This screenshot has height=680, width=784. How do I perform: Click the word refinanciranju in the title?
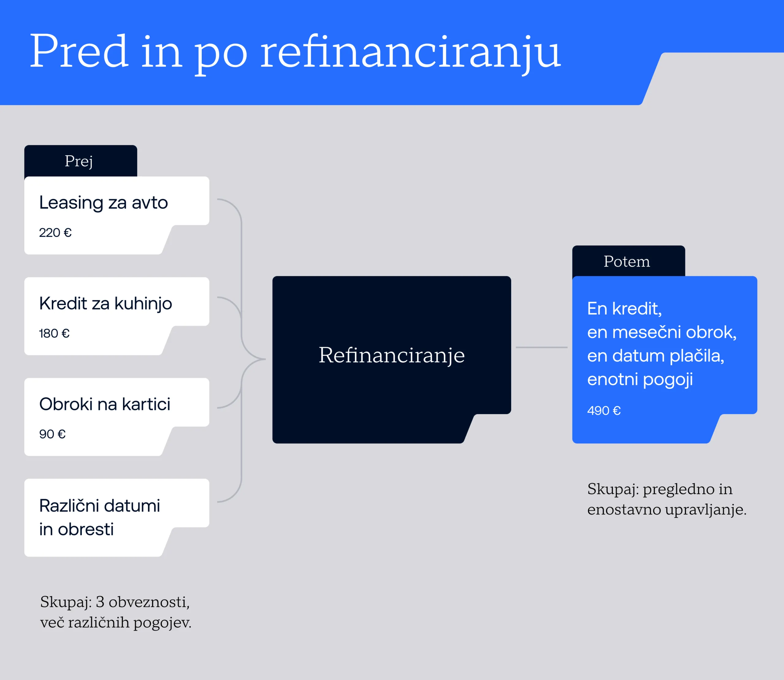[410, 51]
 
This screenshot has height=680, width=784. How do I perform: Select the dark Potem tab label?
[627, 262]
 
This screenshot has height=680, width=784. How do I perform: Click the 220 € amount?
[55, 232]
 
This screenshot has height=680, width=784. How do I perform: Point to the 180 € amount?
[54, 333]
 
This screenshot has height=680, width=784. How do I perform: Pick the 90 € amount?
[52, 434]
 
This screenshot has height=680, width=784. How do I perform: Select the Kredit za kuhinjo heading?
[105, 304]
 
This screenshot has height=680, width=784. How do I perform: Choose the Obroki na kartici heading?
[105, 404]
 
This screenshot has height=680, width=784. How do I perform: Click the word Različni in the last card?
[69, 506]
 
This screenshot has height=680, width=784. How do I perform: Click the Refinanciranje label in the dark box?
[391, 355]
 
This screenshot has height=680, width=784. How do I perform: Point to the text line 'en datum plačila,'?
[655, 356]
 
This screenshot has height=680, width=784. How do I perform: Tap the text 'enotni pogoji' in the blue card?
[640, 380]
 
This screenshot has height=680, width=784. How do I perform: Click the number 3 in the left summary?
[100, 602]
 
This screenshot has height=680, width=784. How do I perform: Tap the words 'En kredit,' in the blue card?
[624, 308]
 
